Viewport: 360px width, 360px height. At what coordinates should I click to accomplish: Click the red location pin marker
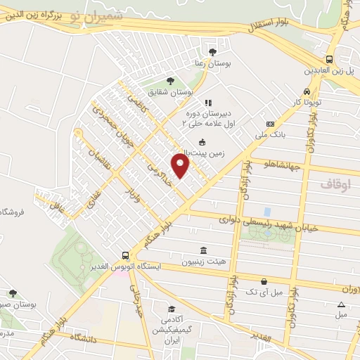pyautogui.click(x=181, y=166)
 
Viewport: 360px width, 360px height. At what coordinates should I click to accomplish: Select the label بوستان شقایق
pyautogui.click(x=172, y=92)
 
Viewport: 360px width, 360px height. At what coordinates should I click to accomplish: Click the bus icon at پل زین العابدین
pyautogui.click(x=329, y=59)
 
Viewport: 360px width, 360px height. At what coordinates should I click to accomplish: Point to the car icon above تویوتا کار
pyautogui.click(x=307, y=91)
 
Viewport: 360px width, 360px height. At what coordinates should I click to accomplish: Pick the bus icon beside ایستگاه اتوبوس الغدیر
pyautogui.click(x=125, y=255)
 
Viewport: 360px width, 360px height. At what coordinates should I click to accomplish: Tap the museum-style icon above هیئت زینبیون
pyautogui.click(x=203, y=250)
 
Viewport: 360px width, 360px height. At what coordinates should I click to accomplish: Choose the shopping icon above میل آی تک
pyautogui.click(x=263, y=281)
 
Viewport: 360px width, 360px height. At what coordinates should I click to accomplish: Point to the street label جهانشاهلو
pyautogui.click(x=281, y=166)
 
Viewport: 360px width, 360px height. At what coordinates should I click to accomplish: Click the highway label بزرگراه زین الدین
pyautogui.click(x=27, y=13)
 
